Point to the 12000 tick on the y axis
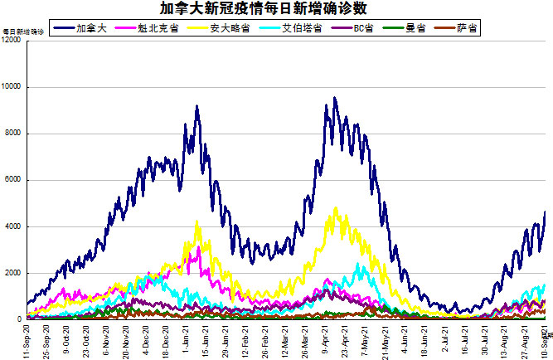(x=12, y=41)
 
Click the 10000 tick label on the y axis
(x=12, y=87)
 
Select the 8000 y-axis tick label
(x=13, y=134)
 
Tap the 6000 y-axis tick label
(x=13, y=180)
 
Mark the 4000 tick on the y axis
(x=13, y=226)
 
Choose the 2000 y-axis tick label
(x=13, y=273)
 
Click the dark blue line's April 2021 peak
(x=334, y=99)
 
